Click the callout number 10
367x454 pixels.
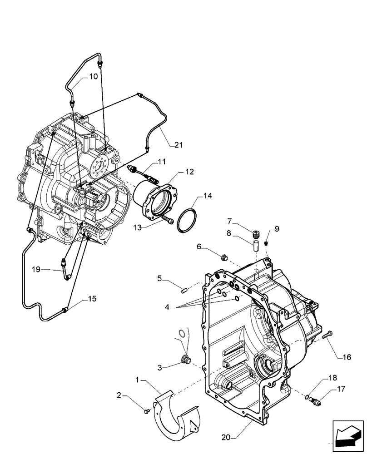(93, 77)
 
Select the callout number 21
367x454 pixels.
(178, 145)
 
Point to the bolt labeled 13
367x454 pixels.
(168, 221)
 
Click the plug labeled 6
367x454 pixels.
(223, 258)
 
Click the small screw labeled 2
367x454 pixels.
(146, 411)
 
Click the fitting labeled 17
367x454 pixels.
(317, 400)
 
